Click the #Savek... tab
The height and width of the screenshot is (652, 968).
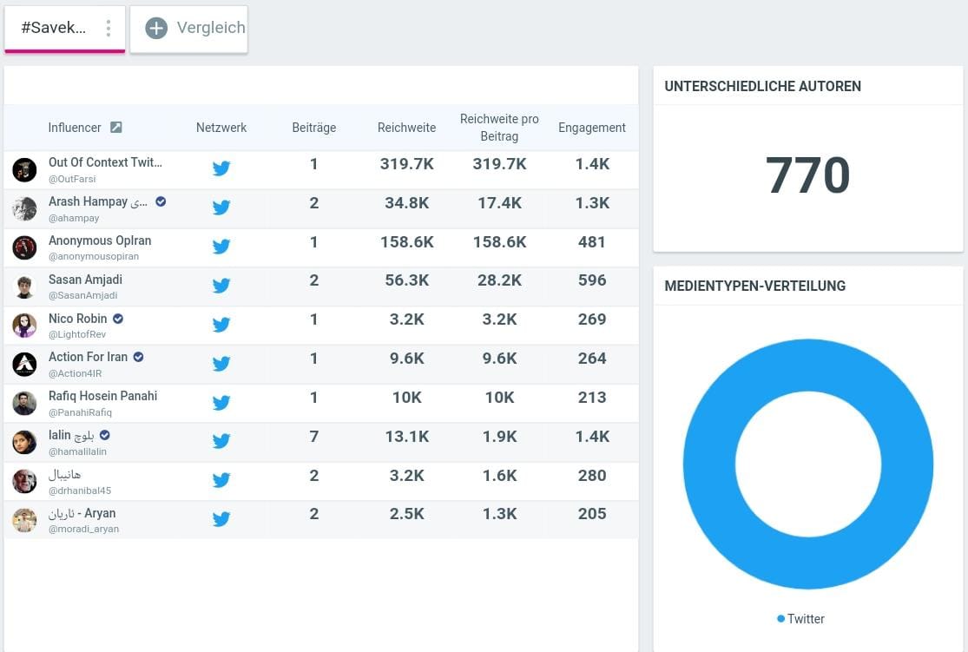64,29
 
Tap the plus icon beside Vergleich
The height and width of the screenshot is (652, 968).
156,28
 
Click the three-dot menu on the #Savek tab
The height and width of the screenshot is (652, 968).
108,28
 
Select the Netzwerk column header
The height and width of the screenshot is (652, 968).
221,128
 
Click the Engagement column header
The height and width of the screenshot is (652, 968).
591,128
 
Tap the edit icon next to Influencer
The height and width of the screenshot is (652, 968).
116,128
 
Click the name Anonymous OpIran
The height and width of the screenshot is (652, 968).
100,240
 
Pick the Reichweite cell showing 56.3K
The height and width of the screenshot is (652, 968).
407,280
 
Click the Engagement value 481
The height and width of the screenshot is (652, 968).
591,242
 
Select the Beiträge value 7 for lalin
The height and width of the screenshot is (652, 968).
313,437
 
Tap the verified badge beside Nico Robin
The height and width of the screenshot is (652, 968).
118,319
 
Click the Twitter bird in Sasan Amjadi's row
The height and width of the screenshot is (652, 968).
221,286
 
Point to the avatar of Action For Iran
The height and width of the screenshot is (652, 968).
24,365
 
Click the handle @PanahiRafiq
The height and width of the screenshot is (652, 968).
80,412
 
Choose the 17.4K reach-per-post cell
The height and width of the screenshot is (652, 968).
499,203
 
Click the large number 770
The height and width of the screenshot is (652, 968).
807,175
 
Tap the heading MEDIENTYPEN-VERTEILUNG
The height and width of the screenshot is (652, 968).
755,286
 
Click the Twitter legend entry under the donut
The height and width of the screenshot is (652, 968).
800,619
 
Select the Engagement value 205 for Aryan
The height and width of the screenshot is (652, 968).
591,514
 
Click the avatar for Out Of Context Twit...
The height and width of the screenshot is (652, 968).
24,170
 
